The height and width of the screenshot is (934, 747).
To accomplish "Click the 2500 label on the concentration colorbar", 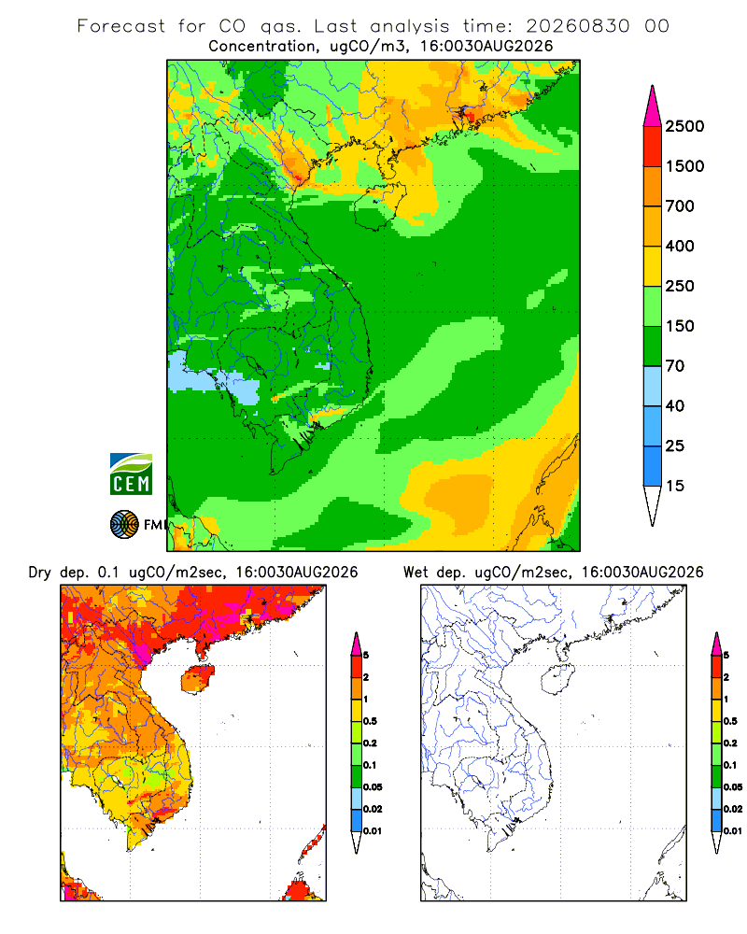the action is coord(684,126).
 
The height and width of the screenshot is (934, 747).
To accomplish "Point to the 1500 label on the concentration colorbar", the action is coord(684,166).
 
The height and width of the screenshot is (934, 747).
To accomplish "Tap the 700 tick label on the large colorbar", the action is coord(680,206).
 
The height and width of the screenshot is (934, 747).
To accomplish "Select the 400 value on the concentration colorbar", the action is coord(680,246).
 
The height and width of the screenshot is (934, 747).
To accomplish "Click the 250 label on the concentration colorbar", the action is coord(680,286).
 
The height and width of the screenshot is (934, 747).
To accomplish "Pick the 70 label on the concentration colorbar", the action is coord(675,366).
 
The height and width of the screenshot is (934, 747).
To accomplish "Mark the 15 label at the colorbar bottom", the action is coord(675,486).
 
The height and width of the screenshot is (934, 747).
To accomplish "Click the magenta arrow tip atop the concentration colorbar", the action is coord(653,87).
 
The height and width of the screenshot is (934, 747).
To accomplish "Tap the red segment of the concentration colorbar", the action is coord(653,147).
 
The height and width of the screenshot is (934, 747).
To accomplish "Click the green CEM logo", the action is coord(131,474).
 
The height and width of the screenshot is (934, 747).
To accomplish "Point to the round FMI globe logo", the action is coord(124,525).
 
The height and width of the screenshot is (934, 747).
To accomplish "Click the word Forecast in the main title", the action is coord(121,26).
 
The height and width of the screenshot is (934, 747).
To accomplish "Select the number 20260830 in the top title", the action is coord(577,26).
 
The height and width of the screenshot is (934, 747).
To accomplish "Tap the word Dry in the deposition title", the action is coord(40,573).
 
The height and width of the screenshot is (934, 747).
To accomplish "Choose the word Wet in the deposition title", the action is coord(416,573).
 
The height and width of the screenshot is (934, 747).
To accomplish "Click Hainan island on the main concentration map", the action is coord(379,206).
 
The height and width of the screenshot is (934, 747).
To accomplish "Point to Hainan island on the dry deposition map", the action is coord(198,679).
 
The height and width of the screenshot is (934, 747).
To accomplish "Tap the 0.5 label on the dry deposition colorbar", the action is coord(370,721).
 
